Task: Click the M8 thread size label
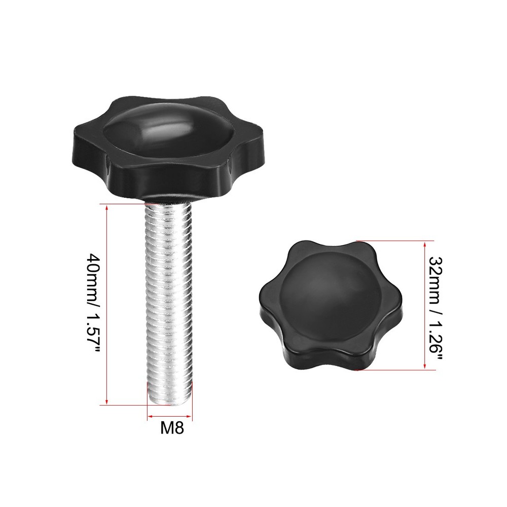171,428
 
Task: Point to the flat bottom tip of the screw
169,403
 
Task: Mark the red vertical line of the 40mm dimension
106,304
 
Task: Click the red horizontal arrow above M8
169,418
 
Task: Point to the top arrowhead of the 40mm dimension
106,207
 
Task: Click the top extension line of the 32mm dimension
395,240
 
